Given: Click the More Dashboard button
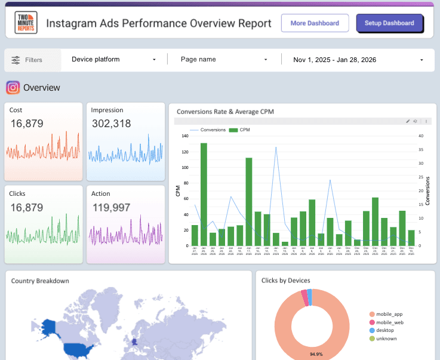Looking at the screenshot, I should [x=315, y=23].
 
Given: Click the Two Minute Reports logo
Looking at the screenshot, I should [x=26, y=23].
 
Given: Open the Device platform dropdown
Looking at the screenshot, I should [x=113, y=60].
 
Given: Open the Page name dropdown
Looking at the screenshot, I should [x=224, y=60].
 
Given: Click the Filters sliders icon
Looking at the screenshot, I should [x=16, y=60].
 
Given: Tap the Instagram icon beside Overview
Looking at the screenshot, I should [x=13, y=88].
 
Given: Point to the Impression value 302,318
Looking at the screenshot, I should [x=111, y=124].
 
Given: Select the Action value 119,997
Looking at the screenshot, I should [x=111, y=207].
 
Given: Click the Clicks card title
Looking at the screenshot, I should [x=17, y=193].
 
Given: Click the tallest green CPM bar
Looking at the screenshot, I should [x=204, y=194].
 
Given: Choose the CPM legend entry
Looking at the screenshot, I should [x=239, y=130].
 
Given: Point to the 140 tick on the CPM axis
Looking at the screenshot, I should [x=184, y=136].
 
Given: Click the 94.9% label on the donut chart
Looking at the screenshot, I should [x=317, y=354].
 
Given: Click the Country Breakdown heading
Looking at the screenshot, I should [x=40, y=281].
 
